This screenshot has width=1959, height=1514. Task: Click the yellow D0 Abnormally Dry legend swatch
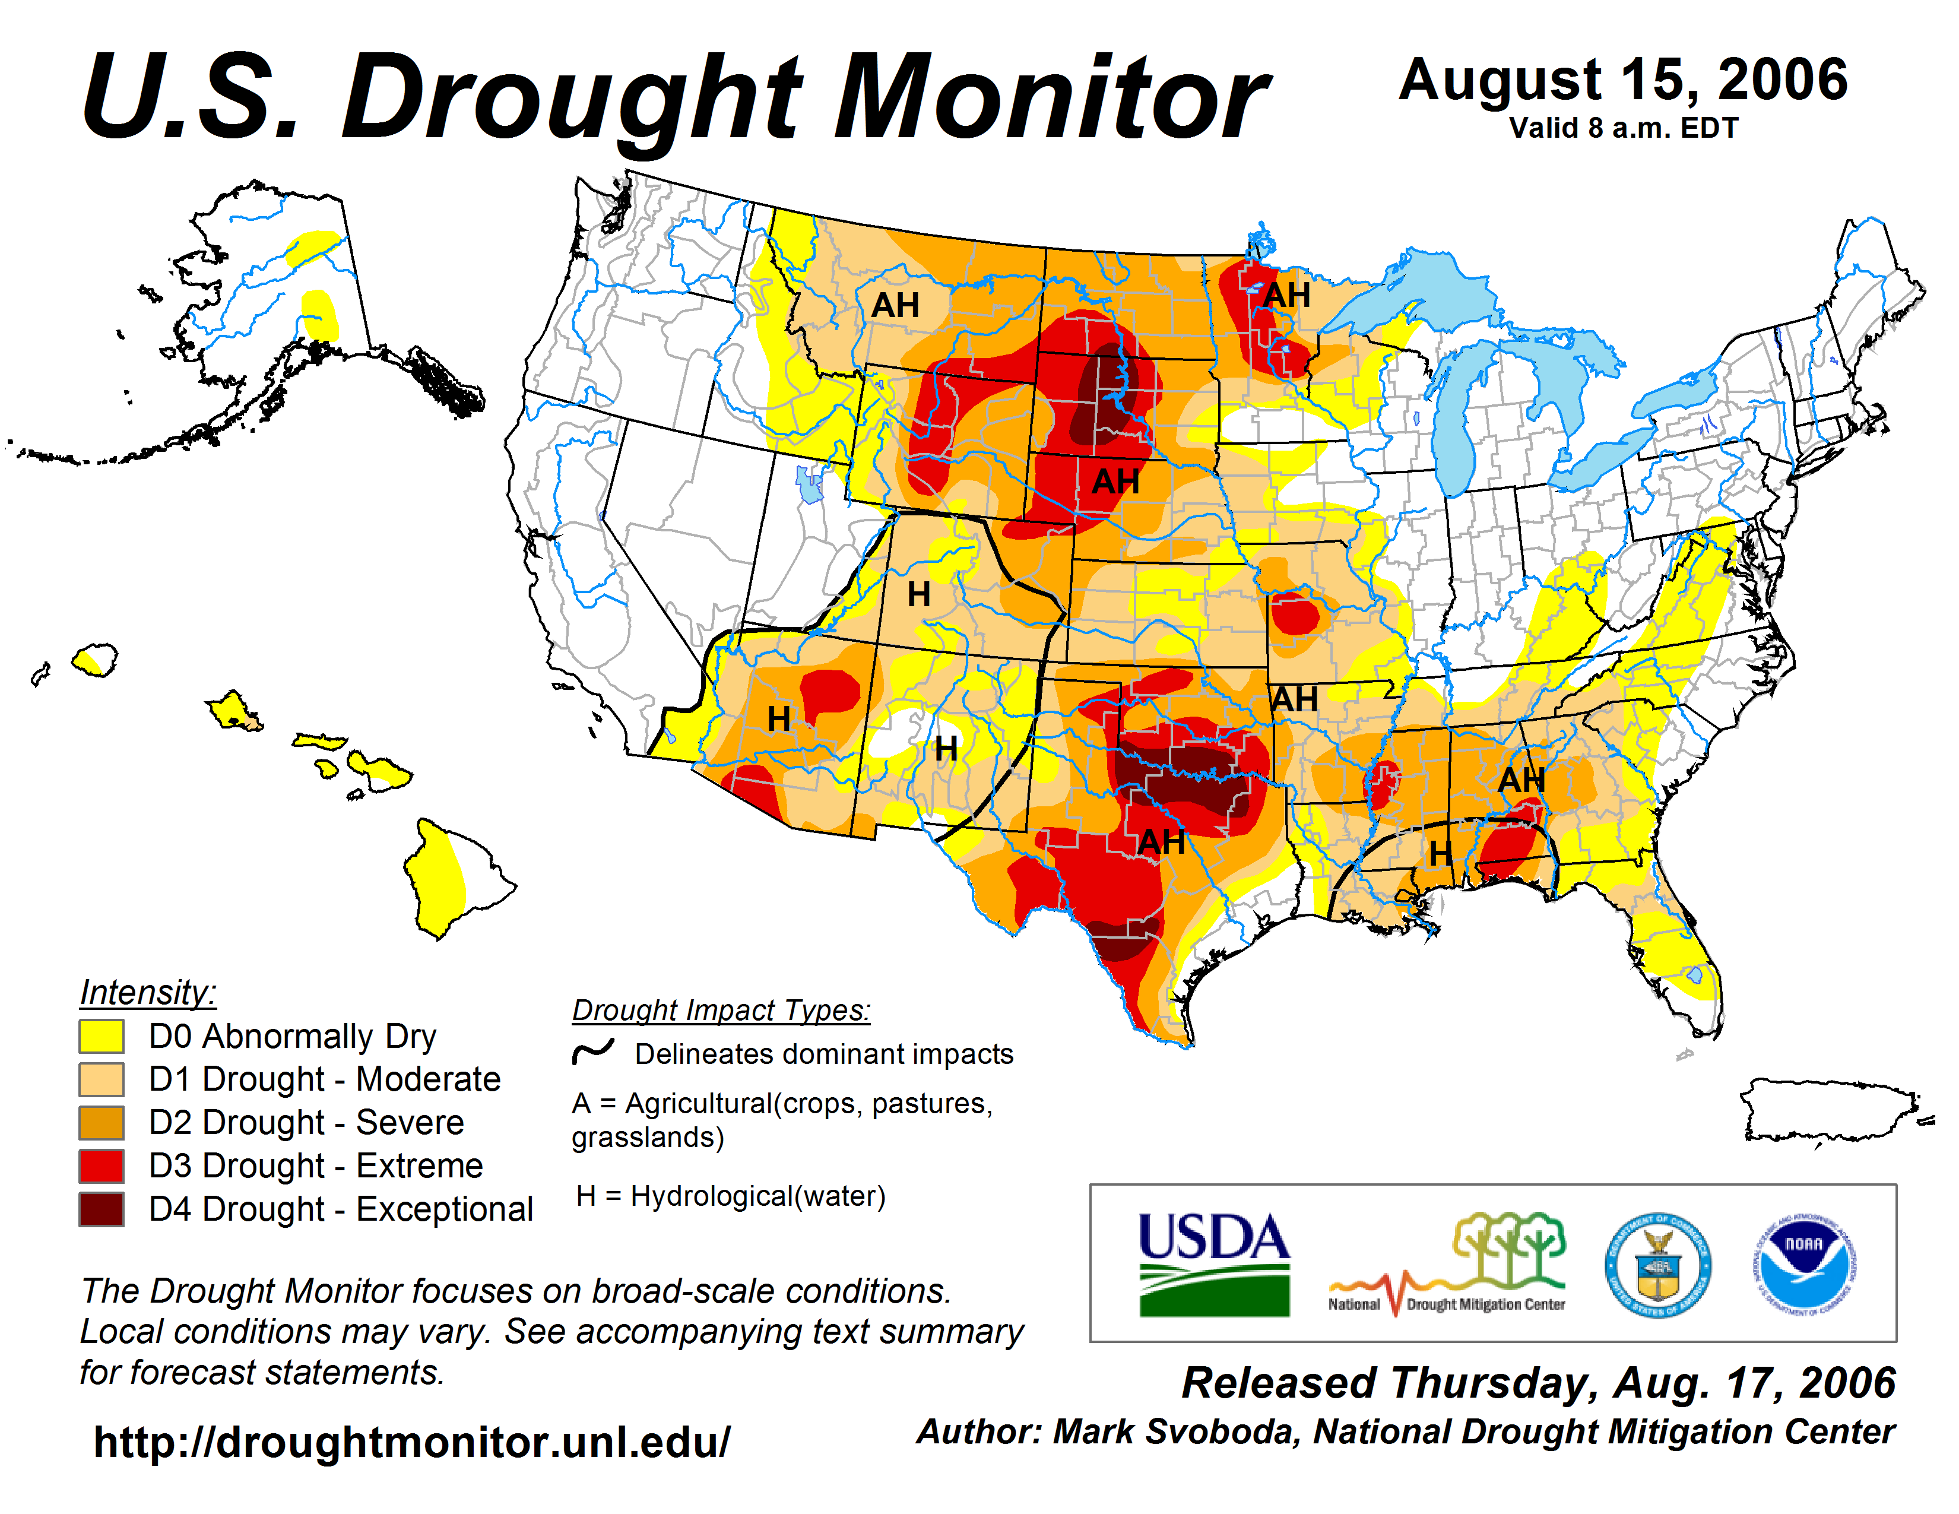point(102,1036)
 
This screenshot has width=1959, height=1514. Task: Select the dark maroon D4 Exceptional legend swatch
point(102,1209)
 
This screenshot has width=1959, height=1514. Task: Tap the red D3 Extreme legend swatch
point(102,1166)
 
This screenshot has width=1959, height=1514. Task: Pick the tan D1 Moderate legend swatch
point(102,1079)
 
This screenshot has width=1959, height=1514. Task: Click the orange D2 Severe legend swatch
point(102,1122)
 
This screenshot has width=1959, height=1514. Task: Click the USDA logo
point(1213,1263)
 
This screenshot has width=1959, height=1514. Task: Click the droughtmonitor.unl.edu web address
point(412,1442)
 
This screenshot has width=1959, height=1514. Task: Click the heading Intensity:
point(148,992)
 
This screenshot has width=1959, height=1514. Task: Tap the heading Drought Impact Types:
point(721,1010)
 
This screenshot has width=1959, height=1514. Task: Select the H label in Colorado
point(918,594)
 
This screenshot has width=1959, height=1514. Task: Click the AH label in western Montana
point(895,305)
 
